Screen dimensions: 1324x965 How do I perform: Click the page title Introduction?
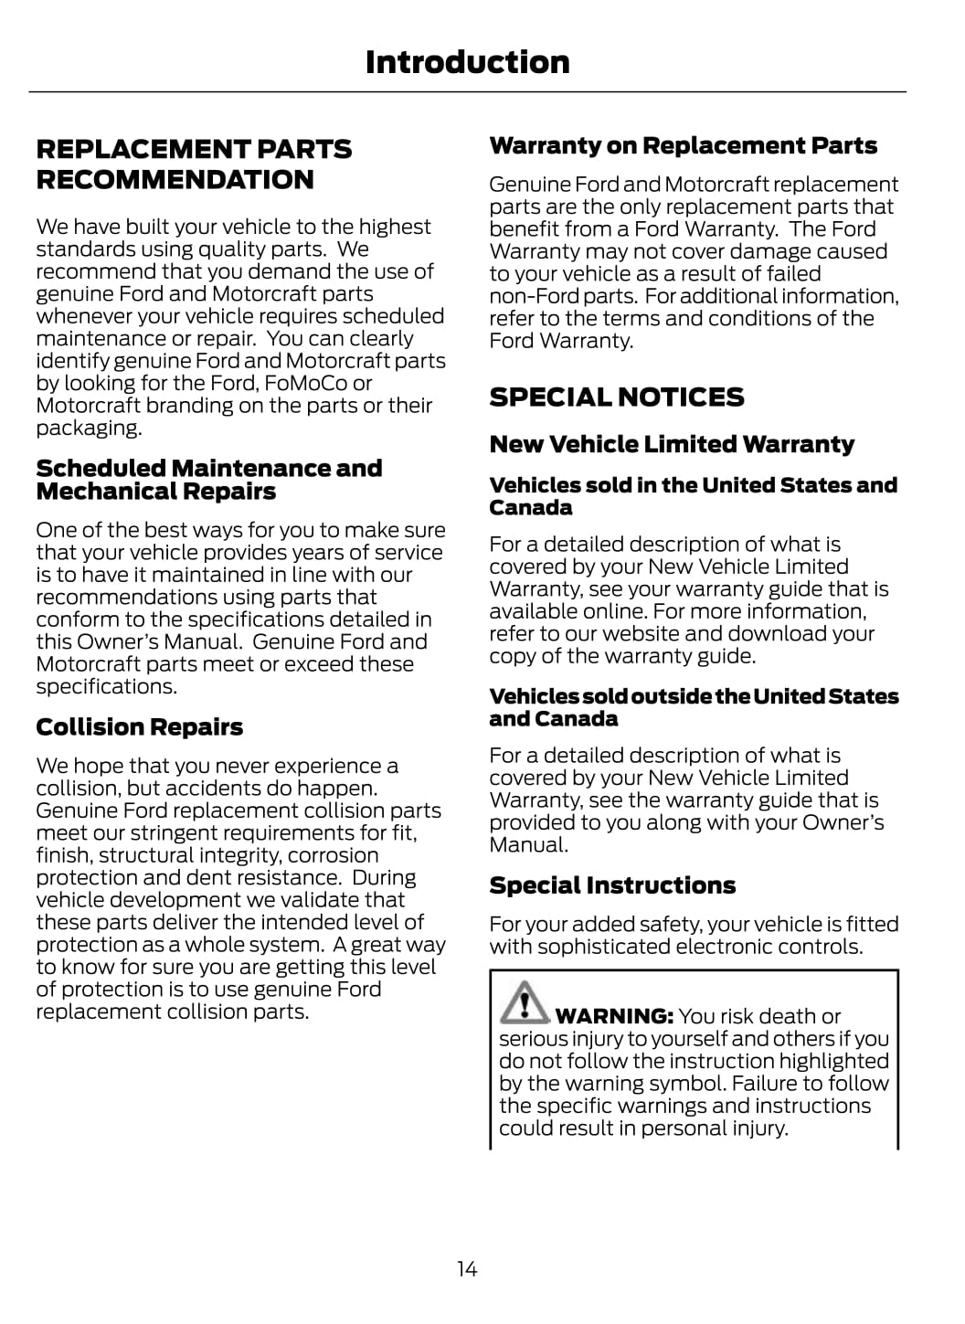coord(467,62)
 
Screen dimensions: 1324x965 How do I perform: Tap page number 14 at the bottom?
coord(467,1268)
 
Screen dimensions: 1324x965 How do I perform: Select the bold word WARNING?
coord(614,1016)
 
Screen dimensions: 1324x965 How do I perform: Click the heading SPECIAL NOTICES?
coord(617,397)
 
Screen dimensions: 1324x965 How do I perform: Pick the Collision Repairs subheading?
coord(140,727)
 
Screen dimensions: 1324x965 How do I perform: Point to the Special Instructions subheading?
coord(612,885)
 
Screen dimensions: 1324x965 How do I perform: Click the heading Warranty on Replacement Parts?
coord(683,145)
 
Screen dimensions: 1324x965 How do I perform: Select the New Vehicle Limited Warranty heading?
coord(672,444)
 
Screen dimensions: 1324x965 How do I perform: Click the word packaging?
coord(88,429)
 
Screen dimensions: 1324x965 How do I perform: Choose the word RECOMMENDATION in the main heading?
coord(175,179)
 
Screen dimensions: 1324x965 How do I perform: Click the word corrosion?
coord(333,855)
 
